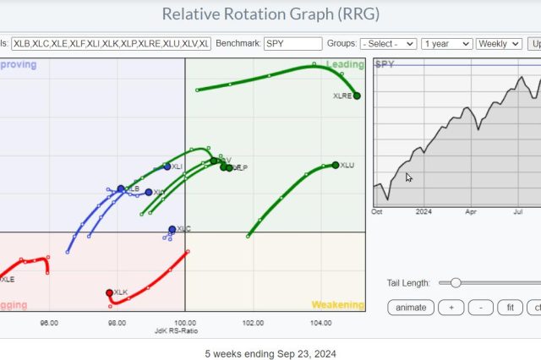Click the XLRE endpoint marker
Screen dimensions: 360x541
coord(357,95)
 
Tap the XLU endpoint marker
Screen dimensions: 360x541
coord(335,164)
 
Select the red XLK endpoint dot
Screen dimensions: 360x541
coord(109,292)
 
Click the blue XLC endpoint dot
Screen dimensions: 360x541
coord(172,229)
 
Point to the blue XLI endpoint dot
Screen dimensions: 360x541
coord(167,166)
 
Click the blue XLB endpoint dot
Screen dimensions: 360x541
coord(121,188)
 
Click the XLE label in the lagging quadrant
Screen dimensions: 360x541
coord(8,279)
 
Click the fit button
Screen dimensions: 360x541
coord(510,308)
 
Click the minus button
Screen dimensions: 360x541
coord(480,308)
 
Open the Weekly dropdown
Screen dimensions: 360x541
coord(499,43)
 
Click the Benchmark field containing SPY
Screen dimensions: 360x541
coord(292,43)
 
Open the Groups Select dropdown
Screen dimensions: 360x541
coord(388,43)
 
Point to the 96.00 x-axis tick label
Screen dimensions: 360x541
coord(49,323)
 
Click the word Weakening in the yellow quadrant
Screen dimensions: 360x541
coord(337,305)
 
